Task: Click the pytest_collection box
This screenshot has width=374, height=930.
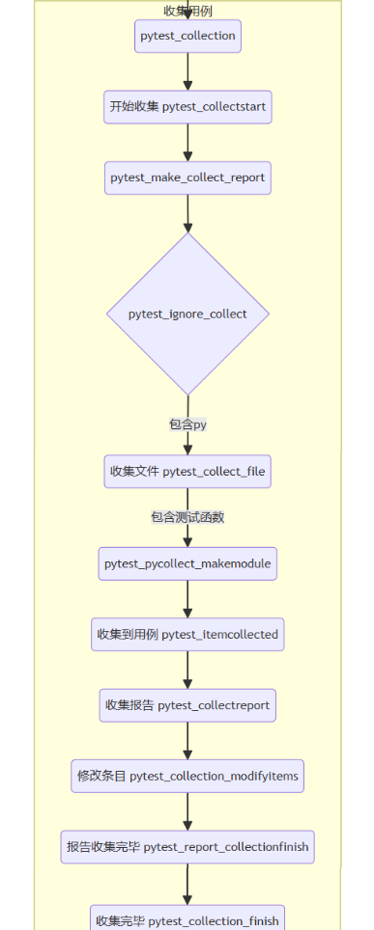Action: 187,37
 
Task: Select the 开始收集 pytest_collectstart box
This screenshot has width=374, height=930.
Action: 187,106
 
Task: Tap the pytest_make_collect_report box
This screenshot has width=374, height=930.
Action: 187,178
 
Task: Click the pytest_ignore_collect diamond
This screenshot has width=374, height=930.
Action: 187,314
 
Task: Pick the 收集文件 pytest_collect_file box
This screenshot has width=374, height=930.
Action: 187,472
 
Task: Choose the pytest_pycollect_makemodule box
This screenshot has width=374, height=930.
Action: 187,563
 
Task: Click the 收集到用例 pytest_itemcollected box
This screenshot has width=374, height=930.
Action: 187,634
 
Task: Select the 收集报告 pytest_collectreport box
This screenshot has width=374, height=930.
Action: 187,705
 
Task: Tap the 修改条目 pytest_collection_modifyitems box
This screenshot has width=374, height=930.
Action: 187,776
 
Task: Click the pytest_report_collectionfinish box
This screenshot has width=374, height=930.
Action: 187,847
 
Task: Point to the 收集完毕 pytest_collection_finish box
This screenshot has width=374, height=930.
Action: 187,917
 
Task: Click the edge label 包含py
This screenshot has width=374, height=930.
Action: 187,424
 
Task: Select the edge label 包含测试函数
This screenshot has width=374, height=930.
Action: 187,517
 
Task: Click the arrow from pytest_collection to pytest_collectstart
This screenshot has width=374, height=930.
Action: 187,71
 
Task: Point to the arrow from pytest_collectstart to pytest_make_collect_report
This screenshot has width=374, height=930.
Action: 187,142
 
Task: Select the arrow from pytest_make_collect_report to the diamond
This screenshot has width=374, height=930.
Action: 187,213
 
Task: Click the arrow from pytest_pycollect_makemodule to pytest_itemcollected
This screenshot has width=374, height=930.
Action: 187,599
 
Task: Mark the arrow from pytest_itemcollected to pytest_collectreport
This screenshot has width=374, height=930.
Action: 187,670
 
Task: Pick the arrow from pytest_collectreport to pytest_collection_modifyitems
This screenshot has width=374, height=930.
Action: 187,741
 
